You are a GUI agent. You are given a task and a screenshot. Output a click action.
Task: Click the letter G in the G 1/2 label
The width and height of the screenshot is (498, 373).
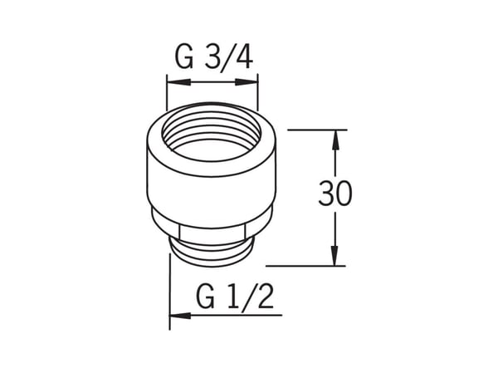[206, 297]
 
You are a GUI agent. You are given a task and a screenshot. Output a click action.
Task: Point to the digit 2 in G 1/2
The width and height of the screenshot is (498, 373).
[266, 297]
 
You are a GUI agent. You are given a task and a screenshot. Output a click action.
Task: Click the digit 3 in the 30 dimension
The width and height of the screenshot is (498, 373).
[326, 193]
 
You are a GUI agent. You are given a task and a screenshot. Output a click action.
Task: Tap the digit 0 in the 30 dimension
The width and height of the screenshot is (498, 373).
[344, 193]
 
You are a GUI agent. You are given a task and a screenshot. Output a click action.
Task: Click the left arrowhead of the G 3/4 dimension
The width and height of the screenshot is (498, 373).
[178, 82]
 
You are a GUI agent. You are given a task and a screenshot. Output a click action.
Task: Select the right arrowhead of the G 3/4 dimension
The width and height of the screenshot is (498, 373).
[247, 82]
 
